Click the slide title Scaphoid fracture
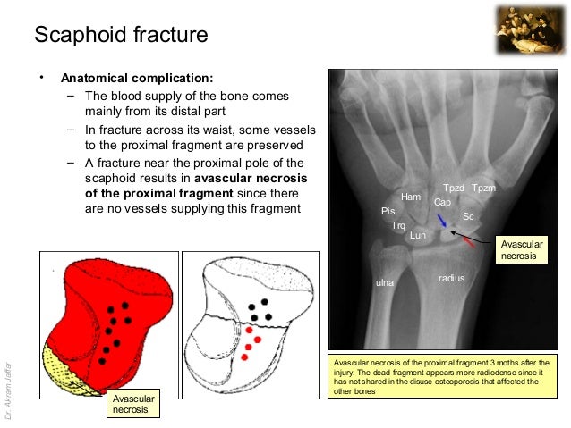click(121, 36)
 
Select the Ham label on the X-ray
click(411, 197)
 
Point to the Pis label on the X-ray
click(388, 212)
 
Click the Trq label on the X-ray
click(398, 226)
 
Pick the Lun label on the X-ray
click(418, 236)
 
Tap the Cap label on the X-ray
click(442, 203)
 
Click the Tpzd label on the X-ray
click(454, 188)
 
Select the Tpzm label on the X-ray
click(483, 188)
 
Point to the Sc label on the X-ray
click(468, 216)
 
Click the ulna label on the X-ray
click(384, 283)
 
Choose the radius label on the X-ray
click(451, 279)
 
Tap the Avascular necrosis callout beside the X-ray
click(520, 249)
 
